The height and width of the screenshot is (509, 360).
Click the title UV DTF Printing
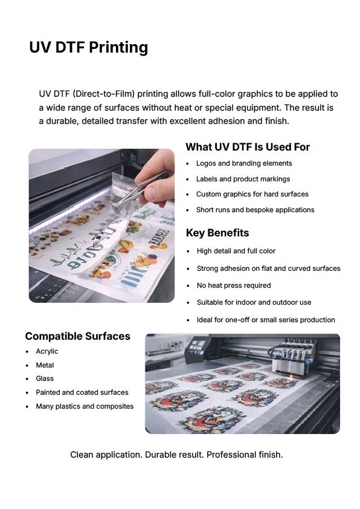point(89,47)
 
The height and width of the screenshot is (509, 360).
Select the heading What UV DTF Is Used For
point(248,147)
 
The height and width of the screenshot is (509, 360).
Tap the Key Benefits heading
point(217,233)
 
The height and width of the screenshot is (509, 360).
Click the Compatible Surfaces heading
point(78,336)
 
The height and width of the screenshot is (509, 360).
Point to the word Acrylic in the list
point(47,351)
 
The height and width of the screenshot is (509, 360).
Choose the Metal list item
point(45,365)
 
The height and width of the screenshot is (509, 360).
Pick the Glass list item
point(45,378)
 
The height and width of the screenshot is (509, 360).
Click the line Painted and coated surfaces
point(82,392)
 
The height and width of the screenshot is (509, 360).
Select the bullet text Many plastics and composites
point(85,406)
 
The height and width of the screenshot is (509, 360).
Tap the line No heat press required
point(234,286)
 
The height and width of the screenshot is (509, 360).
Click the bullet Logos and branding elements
point(244,164)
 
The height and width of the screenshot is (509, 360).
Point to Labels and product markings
point(243,179)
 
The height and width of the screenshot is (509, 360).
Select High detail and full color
point(236,251)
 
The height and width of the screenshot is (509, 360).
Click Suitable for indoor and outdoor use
point(254,302)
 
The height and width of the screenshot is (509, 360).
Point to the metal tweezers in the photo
point(141,188)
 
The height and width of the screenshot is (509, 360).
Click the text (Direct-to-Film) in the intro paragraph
point(103,94)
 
